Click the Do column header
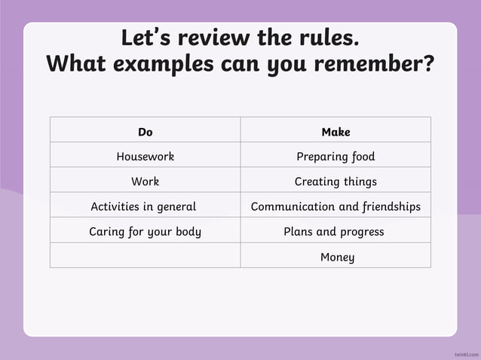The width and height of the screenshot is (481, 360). click(146, 132)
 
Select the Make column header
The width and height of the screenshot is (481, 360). click(335, 132)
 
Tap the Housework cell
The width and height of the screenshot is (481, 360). click(146, 157)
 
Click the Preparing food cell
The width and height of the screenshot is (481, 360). click(335, 157)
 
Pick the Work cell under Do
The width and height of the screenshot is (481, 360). click(146, 182)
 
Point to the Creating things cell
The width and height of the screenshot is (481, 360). click(335, 182)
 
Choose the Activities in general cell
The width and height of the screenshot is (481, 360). click(143, 206)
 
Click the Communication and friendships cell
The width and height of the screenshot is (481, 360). click(335, 206)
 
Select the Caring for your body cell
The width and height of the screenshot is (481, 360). click(146, 231)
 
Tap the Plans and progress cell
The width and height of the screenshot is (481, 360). click(334, 231)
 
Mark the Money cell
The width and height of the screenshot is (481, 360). click(337, 257)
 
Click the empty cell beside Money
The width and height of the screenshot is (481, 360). click(146, 255)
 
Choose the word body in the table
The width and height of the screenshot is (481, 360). click(187, 231)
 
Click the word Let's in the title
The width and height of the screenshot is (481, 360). click(146, 38)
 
